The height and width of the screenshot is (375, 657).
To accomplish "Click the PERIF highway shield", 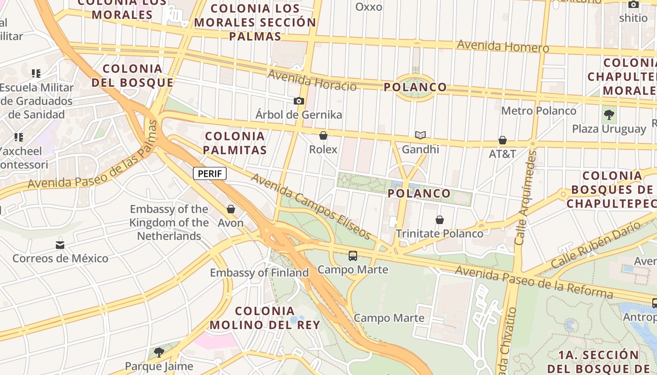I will pyautogui.click(x=210, y=173).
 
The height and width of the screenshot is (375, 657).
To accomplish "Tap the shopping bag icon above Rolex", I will pyautogui.click(x=323, y=136).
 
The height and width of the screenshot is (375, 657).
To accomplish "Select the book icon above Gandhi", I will pyautogui.click(x=420, y=135).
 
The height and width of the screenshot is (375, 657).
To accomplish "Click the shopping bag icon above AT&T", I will pyautogui.click(x=502, y=140).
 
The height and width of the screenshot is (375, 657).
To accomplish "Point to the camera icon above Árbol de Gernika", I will pyautogui.click(x=298, y=101).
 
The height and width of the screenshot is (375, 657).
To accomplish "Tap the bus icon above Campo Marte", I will pyautogui.click(x=352, y=256).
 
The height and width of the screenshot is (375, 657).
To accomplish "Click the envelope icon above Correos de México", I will pyautogui.click(x=60, y=245).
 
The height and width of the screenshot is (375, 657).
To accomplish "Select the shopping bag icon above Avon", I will pyautogui.click(x=230, y=209).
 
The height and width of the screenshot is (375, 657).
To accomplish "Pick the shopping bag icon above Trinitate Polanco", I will pyautogui.click(x=439, y=220).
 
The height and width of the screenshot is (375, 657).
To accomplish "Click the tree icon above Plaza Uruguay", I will pyautogui.click(x=609, y=114).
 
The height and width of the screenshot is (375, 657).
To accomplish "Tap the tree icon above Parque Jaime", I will pyautogui.click(x=159, y=352).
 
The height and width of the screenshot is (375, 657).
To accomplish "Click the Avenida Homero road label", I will pyautogui.click(x=503, y=46).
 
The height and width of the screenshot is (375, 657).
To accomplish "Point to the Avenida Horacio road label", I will pyautogui.click(x=312, y=80).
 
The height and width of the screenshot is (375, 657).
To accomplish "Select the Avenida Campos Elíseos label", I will pyautogui.click(x=311, y=205).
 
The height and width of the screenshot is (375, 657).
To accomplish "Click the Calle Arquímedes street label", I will pyautogui.click(x=525, y=197).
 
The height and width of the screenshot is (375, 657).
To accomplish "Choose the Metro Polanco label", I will pyautogui.click(x=538, y=111).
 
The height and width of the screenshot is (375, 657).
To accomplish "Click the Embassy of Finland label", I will pyautogui.click(x=259, y=272).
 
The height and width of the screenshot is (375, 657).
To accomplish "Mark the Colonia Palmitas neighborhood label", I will pyautogui.click(x=236, y=143).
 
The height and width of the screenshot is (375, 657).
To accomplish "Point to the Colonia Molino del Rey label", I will pyautogui.click(x=265, y=317).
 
